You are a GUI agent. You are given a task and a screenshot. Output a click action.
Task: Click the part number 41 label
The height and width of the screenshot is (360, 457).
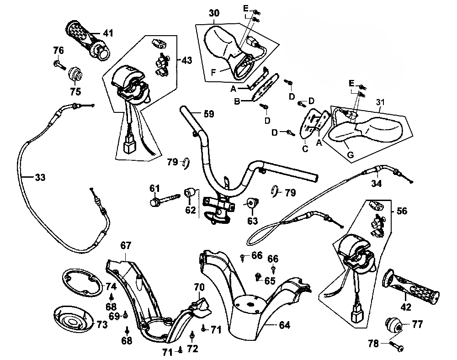click(108, 33)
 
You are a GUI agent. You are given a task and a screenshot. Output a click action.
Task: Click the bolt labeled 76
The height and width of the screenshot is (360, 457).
click(58, 65)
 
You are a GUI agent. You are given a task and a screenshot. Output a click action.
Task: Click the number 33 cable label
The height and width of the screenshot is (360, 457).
click(40, 178)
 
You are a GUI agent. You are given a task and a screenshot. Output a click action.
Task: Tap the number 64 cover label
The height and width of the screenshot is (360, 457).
click(284, 325)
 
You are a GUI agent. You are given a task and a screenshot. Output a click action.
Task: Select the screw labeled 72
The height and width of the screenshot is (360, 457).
click(192, 337)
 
